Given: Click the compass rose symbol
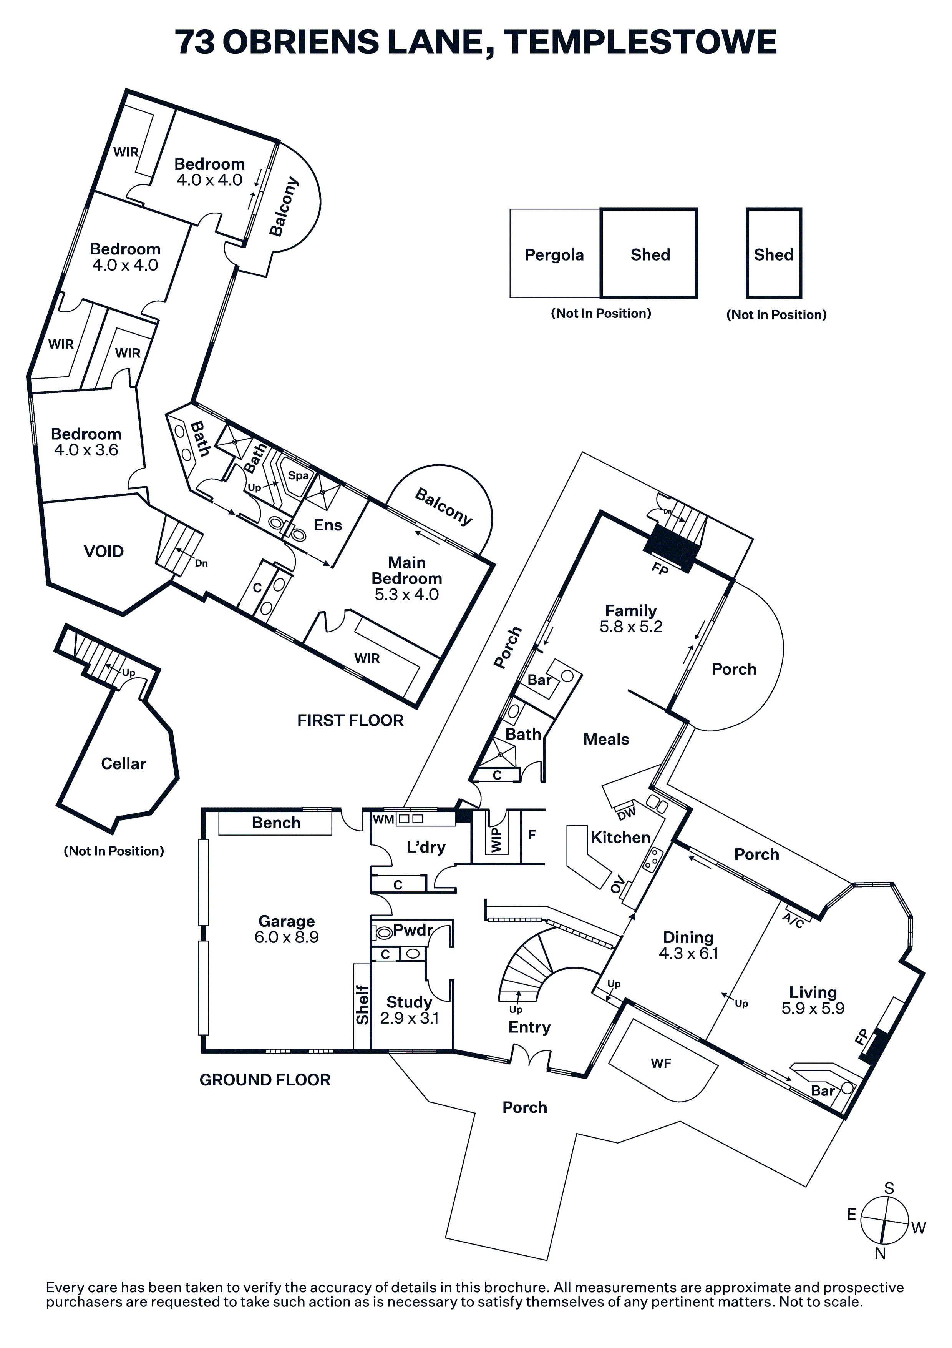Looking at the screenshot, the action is tap(884, 1221).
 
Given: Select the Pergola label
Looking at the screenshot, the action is tap(554, 255).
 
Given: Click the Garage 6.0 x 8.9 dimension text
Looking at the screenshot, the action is tap(287, 937).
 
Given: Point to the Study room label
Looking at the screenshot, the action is tap(409, 1002).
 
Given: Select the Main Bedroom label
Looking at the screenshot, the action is tap(407, 571).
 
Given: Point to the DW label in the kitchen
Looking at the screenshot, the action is tap(626, 814).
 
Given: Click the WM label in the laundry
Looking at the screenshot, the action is tap(383, 819).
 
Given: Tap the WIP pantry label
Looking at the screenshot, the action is tap(496, 840).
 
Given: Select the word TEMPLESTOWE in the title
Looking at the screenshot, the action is tap(640, 42).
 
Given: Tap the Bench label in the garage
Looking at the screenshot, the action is tap(276, 823).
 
